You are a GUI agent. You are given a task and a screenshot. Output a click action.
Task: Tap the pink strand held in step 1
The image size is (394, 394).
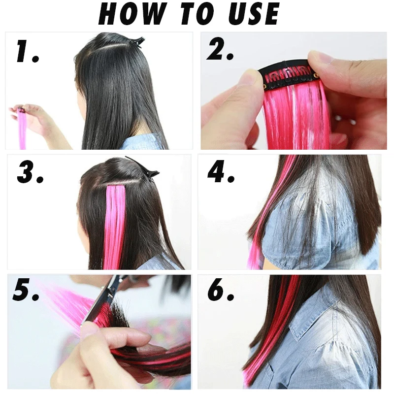[x=22, y=131]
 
